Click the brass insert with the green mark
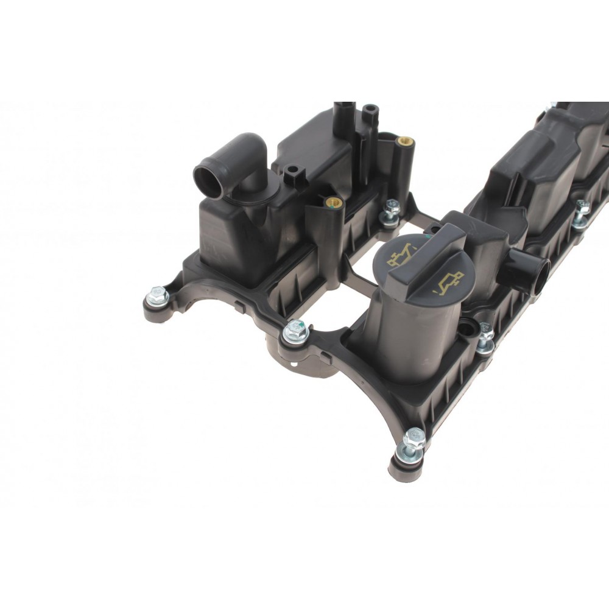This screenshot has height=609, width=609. click(333, 202)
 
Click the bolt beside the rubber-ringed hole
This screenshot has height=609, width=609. click(485, 337)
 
